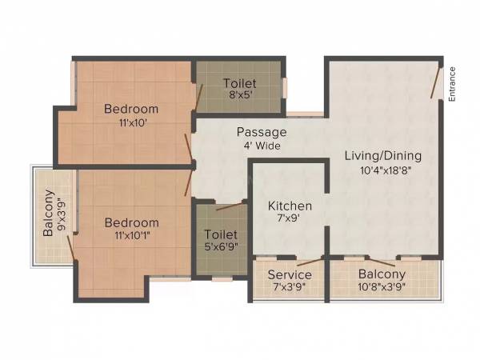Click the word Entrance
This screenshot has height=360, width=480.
pos(452,82)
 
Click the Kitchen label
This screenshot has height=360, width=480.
pos(290,206)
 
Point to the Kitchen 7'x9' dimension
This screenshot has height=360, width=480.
pos(290,218)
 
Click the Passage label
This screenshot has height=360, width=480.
pos(261,132)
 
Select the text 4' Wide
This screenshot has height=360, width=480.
pos(262,145)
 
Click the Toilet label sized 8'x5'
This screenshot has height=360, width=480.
pos(239,83)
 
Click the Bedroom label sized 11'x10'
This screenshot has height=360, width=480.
pos(131,109)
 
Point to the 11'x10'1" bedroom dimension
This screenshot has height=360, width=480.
pos(132,236)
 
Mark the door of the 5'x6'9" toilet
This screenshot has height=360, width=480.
pos(230,206)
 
